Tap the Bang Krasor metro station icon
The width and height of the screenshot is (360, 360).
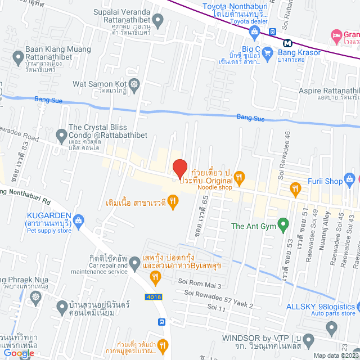click(x=287, y=42)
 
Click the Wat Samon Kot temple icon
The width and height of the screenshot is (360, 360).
click(x=134, y=85)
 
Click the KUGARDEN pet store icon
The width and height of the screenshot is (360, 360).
click(x=78, y=219)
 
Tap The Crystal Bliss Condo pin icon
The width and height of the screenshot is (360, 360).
click(x=61, y=134)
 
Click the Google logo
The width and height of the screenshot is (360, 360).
click(x=18, y=353)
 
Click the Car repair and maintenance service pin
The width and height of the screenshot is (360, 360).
click(x=135, y=263)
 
